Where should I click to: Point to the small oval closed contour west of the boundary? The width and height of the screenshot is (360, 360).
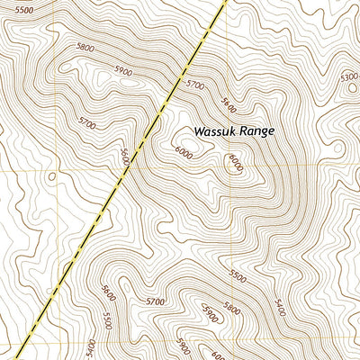click(51, 175)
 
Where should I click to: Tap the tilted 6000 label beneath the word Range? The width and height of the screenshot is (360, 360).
click(236, 163)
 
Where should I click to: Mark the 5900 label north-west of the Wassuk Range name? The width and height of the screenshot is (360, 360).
click(122, 71)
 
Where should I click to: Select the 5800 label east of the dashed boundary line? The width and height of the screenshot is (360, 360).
click(233, 310)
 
